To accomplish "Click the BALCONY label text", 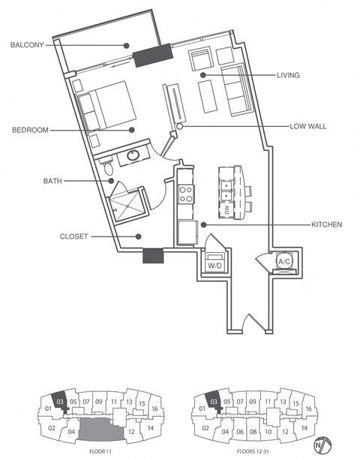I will (27, 45).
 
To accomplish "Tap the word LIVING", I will (288, 75).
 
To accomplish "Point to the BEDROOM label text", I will (30, 130).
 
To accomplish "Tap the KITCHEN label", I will (328, 224).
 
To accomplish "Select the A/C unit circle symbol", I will (284, 261).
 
